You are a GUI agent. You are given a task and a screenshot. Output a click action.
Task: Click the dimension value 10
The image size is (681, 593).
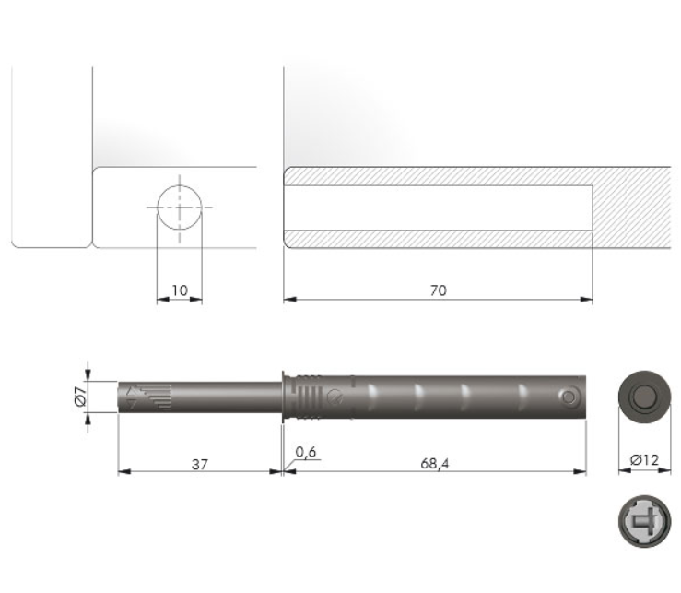pos(180,291)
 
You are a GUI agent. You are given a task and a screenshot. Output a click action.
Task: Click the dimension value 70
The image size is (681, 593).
pos(439,291)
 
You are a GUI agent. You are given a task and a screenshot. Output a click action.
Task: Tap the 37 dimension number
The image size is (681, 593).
pos(200,464)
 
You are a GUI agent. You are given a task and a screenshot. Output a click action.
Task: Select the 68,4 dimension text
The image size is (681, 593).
pos(435,464)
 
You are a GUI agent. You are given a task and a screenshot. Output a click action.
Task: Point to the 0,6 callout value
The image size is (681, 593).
pos(306,452)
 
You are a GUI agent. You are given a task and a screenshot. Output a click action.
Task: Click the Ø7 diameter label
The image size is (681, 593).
pos(81,397)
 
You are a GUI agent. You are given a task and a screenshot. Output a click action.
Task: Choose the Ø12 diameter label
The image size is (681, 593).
pos(644,459)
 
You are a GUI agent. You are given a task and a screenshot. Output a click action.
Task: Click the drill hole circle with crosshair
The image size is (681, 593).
pos(180,208)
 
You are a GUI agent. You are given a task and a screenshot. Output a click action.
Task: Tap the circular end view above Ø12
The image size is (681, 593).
pos(644,397)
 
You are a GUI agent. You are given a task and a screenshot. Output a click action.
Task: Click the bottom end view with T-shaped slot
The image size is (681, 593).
pos(644,521)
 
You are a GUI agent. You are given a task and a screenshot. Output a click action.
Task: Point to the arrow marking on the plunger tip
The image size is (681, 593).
pos(131,397)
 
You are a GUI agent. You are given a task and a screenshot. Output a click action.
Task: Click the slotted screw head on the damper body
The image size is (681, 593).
pos(335,397)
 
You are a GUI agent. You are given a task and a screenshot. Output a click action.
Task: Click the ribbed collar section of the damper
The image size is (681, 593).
pos(309,397)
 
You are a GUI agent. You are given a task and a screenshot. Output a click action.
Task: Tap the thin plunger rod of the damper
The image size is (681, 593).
pos(200,397)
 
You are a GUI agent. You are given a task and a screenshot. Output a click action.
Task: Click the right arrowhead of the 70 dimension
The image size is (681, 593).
pos(587,300)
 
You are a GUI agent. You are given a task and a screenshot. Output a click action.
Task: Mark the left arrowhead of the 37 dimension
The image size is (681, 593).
pos(124,471)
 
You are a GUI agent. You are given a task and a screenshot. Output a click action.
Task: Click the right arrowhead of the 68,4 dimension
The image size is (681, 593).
pos(580,471)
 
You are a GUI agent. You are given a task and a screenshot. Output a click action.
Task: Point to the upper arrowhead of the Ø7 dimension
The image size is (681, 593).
pos(88,375)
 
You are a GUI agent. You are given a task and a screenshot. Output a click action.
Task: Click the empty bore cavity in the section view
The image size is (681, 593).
pos(439,208)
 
